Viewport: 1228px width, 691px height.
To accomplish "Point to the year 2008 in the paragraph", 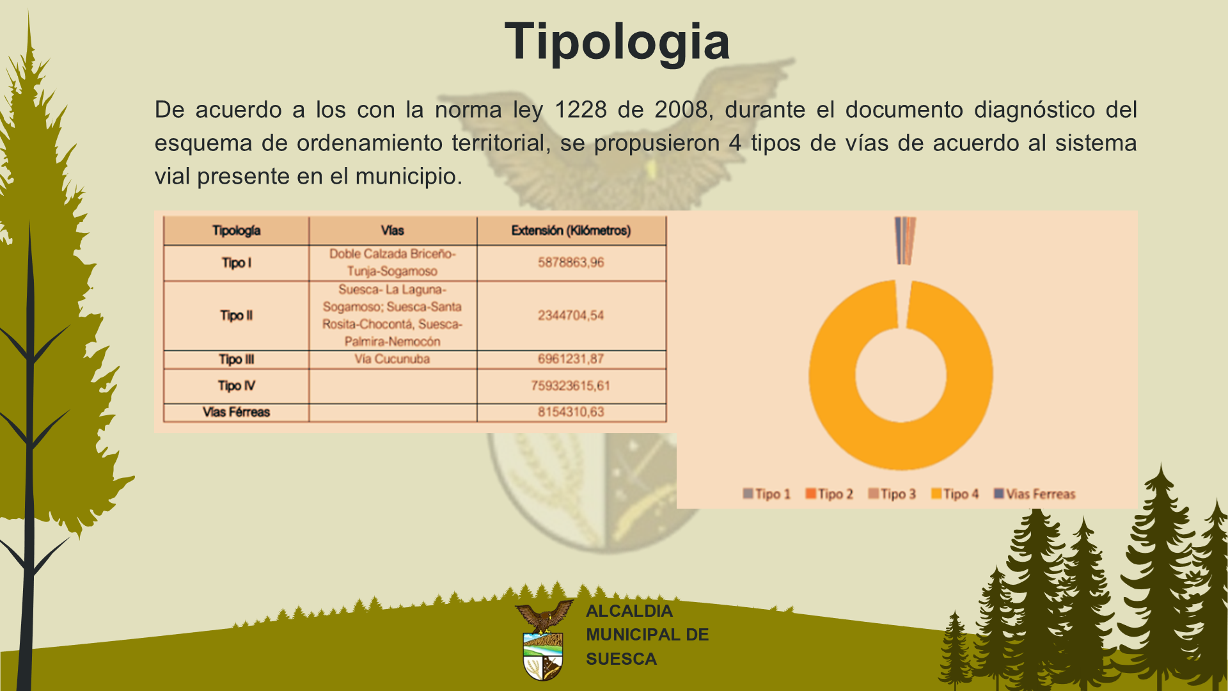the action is (681, 109).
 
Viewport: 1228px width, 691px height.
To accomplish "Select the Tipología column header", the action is (236, 230).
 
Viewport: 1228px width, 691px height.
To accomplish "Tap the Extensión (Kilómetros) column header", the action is (571, 230).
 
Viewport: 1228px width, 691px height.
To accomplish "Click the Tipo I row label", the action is (236, 263).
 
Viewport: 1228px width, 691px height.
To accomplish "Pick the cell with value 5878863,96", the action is (571, 262).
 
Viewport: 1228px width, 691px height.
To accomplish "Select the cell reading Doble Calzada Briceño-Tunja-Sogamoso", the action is (393, 262).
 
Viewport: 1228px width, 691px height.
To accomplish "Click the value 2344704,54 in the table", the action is (571, 315).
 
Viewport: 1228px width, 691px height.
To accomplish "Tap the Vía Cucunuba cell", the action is (393, 359).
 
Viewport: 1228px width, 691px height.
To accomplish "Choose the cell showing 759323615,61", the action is (571, 386).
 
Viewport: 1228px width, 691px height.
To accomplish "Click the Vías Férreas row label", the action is (236, 412).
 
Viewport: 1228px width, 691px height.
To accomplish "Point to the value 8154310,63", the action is (571, 412).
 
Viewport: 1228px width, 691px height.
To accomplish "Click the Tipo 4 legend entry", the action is (955, 494).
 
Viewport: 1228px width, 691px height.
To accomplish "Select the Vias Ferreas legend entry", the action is (1034, 494).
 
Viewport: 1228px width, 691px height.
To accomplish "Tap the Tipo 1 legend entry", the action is (767, 494).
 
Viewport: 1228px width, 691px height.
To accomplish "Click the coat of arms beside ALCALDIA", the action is (543, 640).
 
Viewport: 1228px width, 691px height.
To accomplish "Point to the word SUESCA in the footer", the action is (621, 659).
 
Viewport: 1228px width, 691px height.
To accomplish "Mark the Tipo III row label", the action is (236, 360).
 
